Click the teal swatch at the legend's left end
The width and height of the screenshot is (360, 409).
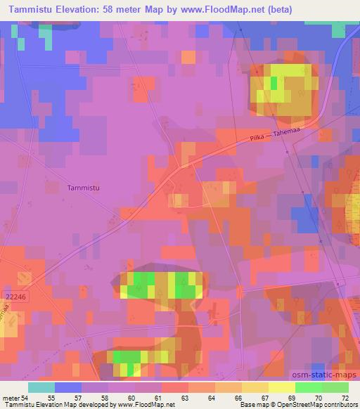pyautogui.click(x=41, y=387)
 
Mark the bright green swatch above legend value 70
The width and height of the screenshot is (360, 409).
pyautogui.click(x=309, y=387)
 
